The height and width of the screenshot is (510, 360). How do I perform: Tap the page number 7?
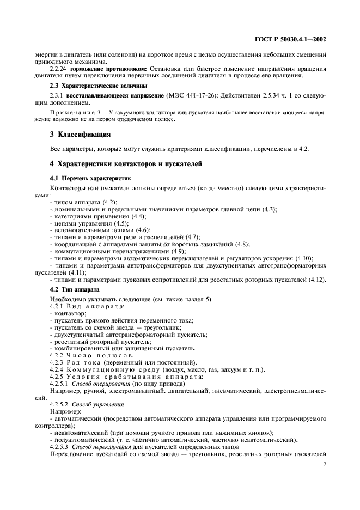coord(325,464)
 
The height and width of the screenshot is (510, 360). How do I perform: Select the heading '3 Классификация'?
coord(81,133)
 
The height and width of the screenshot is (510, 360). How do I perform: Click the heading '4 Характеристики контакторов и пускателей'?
coord(126,163)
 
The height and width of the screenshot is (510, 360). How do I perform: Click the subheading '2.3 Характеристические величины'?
coord(95,86)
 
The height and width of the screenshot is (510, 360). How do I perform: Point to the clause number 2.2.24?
coord(59,69)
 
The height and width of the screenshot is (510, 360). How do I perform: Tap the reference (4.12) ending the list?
coord(317,280)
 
